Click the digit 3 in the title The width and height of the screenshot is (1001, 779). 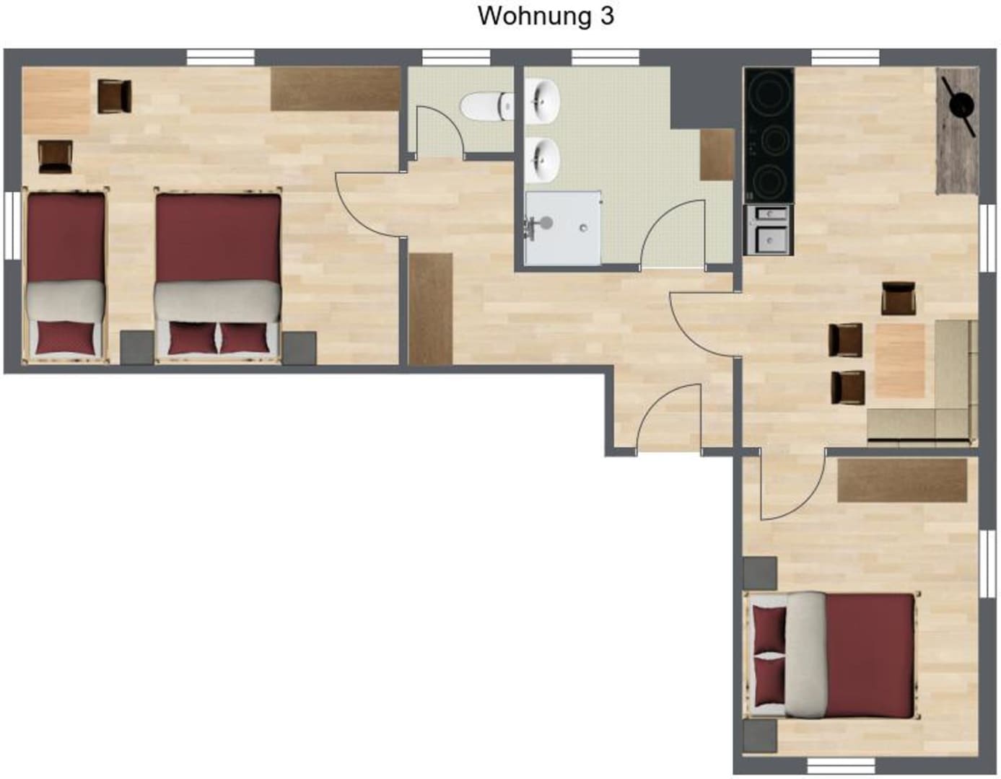click(606, 16)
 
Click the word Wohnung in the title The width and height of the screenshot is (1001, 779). click(534, 17)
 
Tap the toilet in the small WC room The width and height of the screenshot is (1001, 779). click(486, 106)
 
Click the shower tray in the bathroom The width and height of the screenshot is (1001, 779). click(563, 229)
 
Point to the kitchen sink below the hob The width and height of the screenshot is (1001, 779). click(769, 230)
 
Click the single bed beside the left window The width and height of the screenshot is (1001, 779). click(66, 276)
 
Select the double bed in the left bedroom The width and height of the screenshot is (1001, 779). click(218, 276)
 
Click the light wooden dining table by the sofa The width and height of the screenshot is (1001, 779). click(900, 361)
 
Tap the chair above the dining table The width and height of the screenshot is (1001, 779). click(899, 299)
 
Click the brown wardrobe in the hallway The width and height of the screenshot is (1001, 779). click(430, 309)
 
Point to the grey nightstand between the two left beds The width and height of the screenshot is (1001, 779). click(137, 348)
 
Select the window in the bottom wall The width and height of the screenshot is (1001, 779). click(842, 767)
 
